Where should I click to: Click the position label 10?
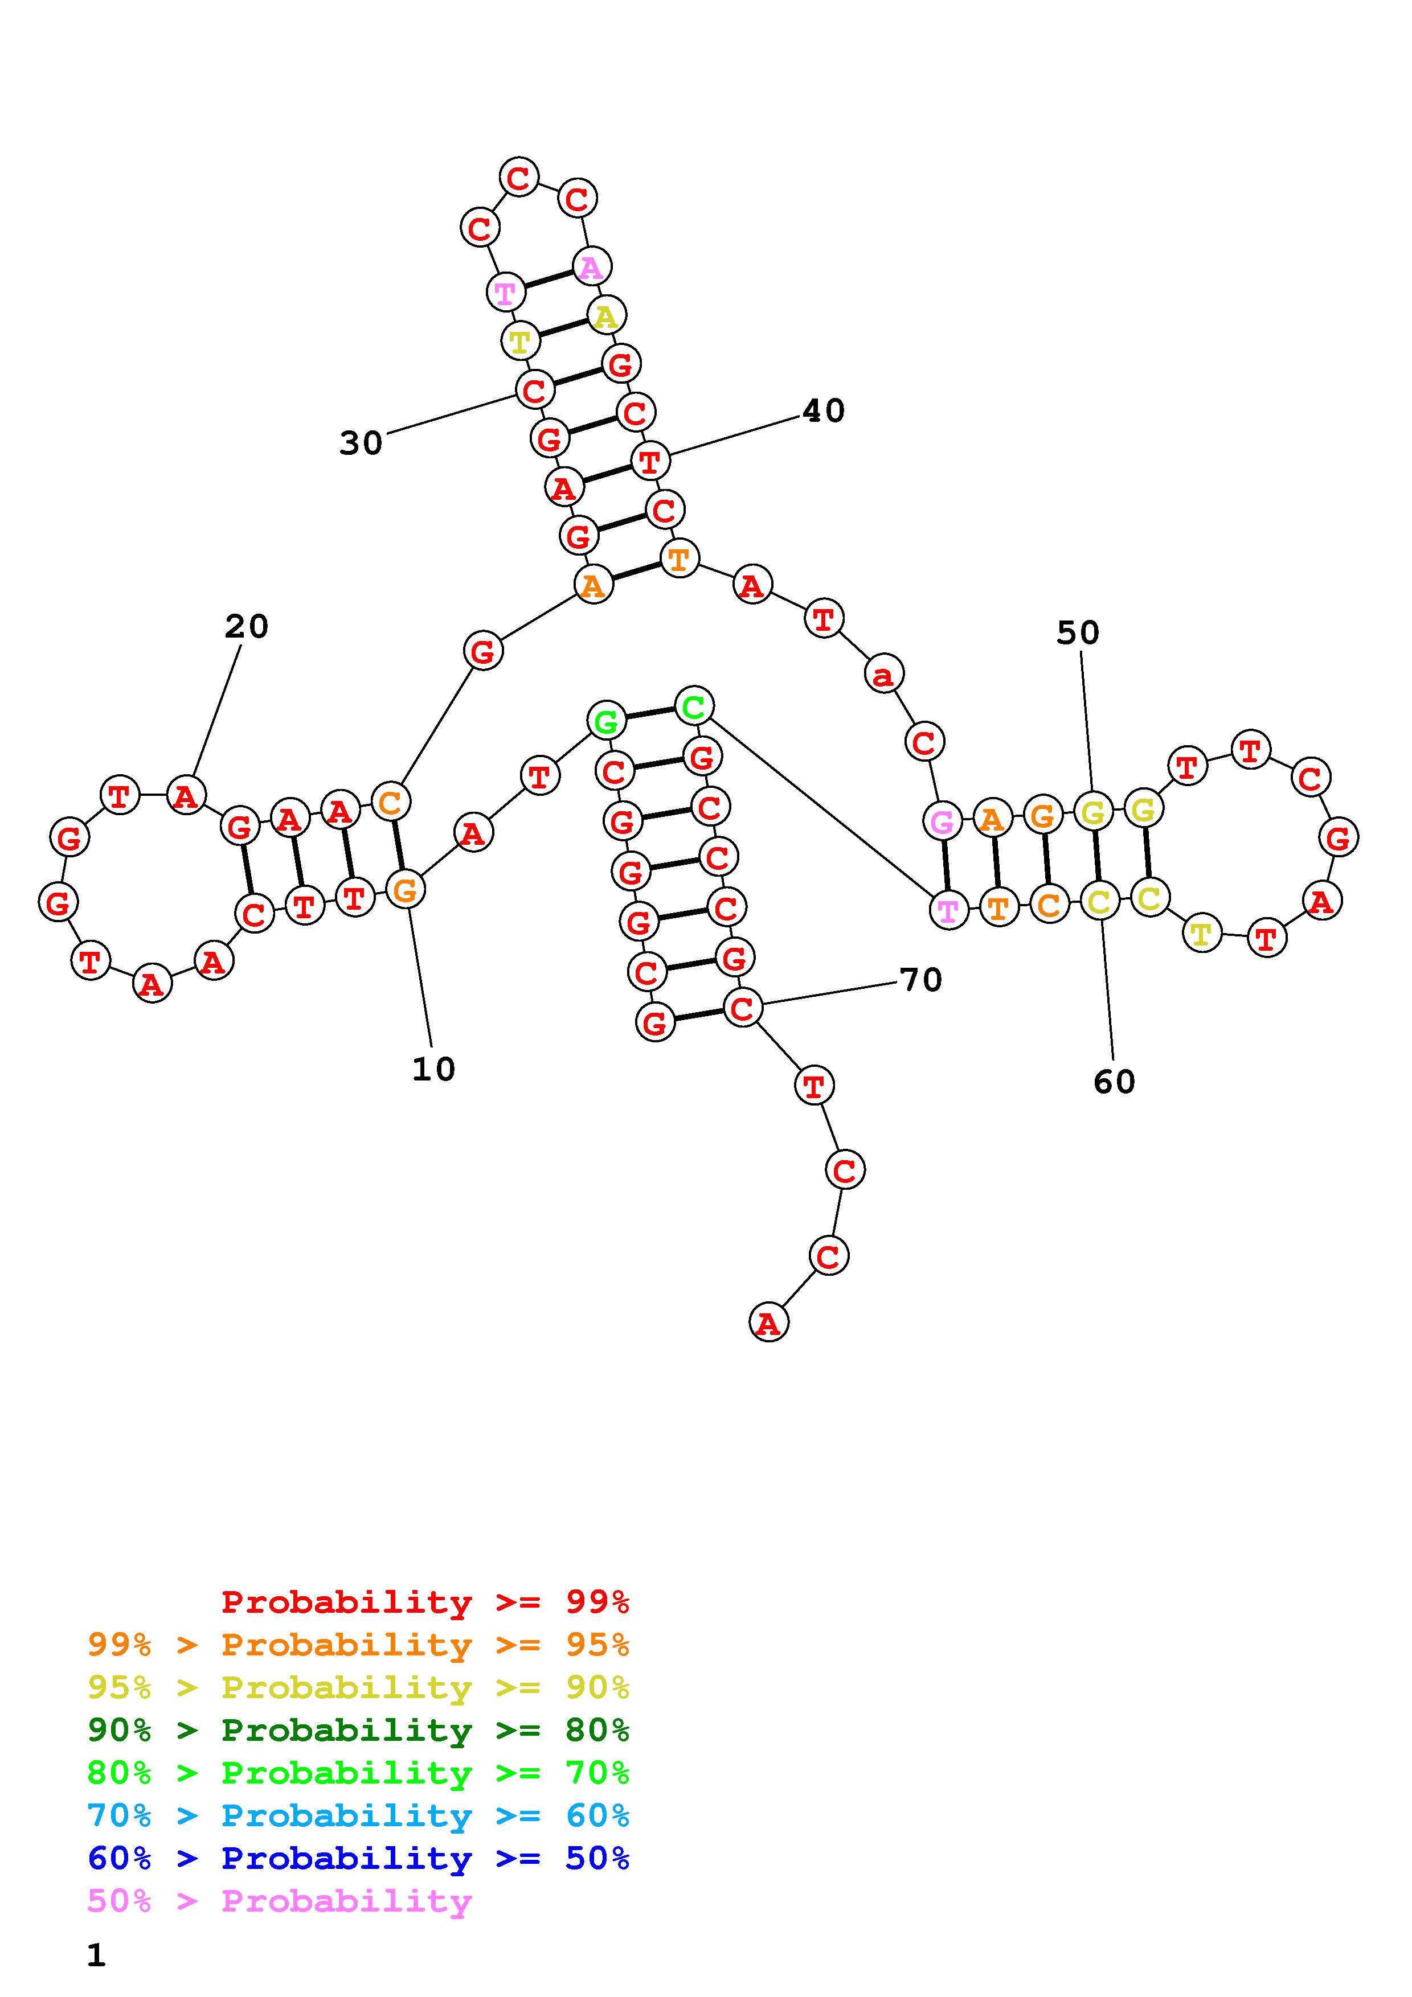click(x=433, y=1069)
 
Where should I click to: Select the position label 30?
click(x=360, y=443)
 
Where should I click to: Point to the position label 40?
click(x=823, y=410)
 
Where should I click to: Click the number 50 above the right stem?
click(x=1078, y=633)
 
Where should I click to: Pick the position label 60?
click(x=1115, y=1082)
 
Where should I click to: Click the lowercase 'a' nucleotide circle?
click(x=884, y=674)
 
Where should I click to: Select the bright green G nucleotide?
click(x=607, y=721)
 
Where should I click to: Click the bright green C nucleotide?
click(x=693, y=706)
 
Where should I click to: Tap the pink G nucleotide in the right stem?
click(x=942, y=821)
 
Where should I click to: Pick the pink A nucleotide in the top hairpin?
click(x=591, y=267)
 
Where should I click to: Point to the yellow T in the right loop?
click(x=1201, y=934)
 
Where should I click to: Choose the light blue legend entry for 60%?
click(x=358, y=1815)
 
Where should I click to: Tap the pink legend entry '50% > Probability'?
click(x=279, y=1900)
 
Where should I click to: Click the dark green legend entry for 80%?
click(x=358, y=1730)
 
